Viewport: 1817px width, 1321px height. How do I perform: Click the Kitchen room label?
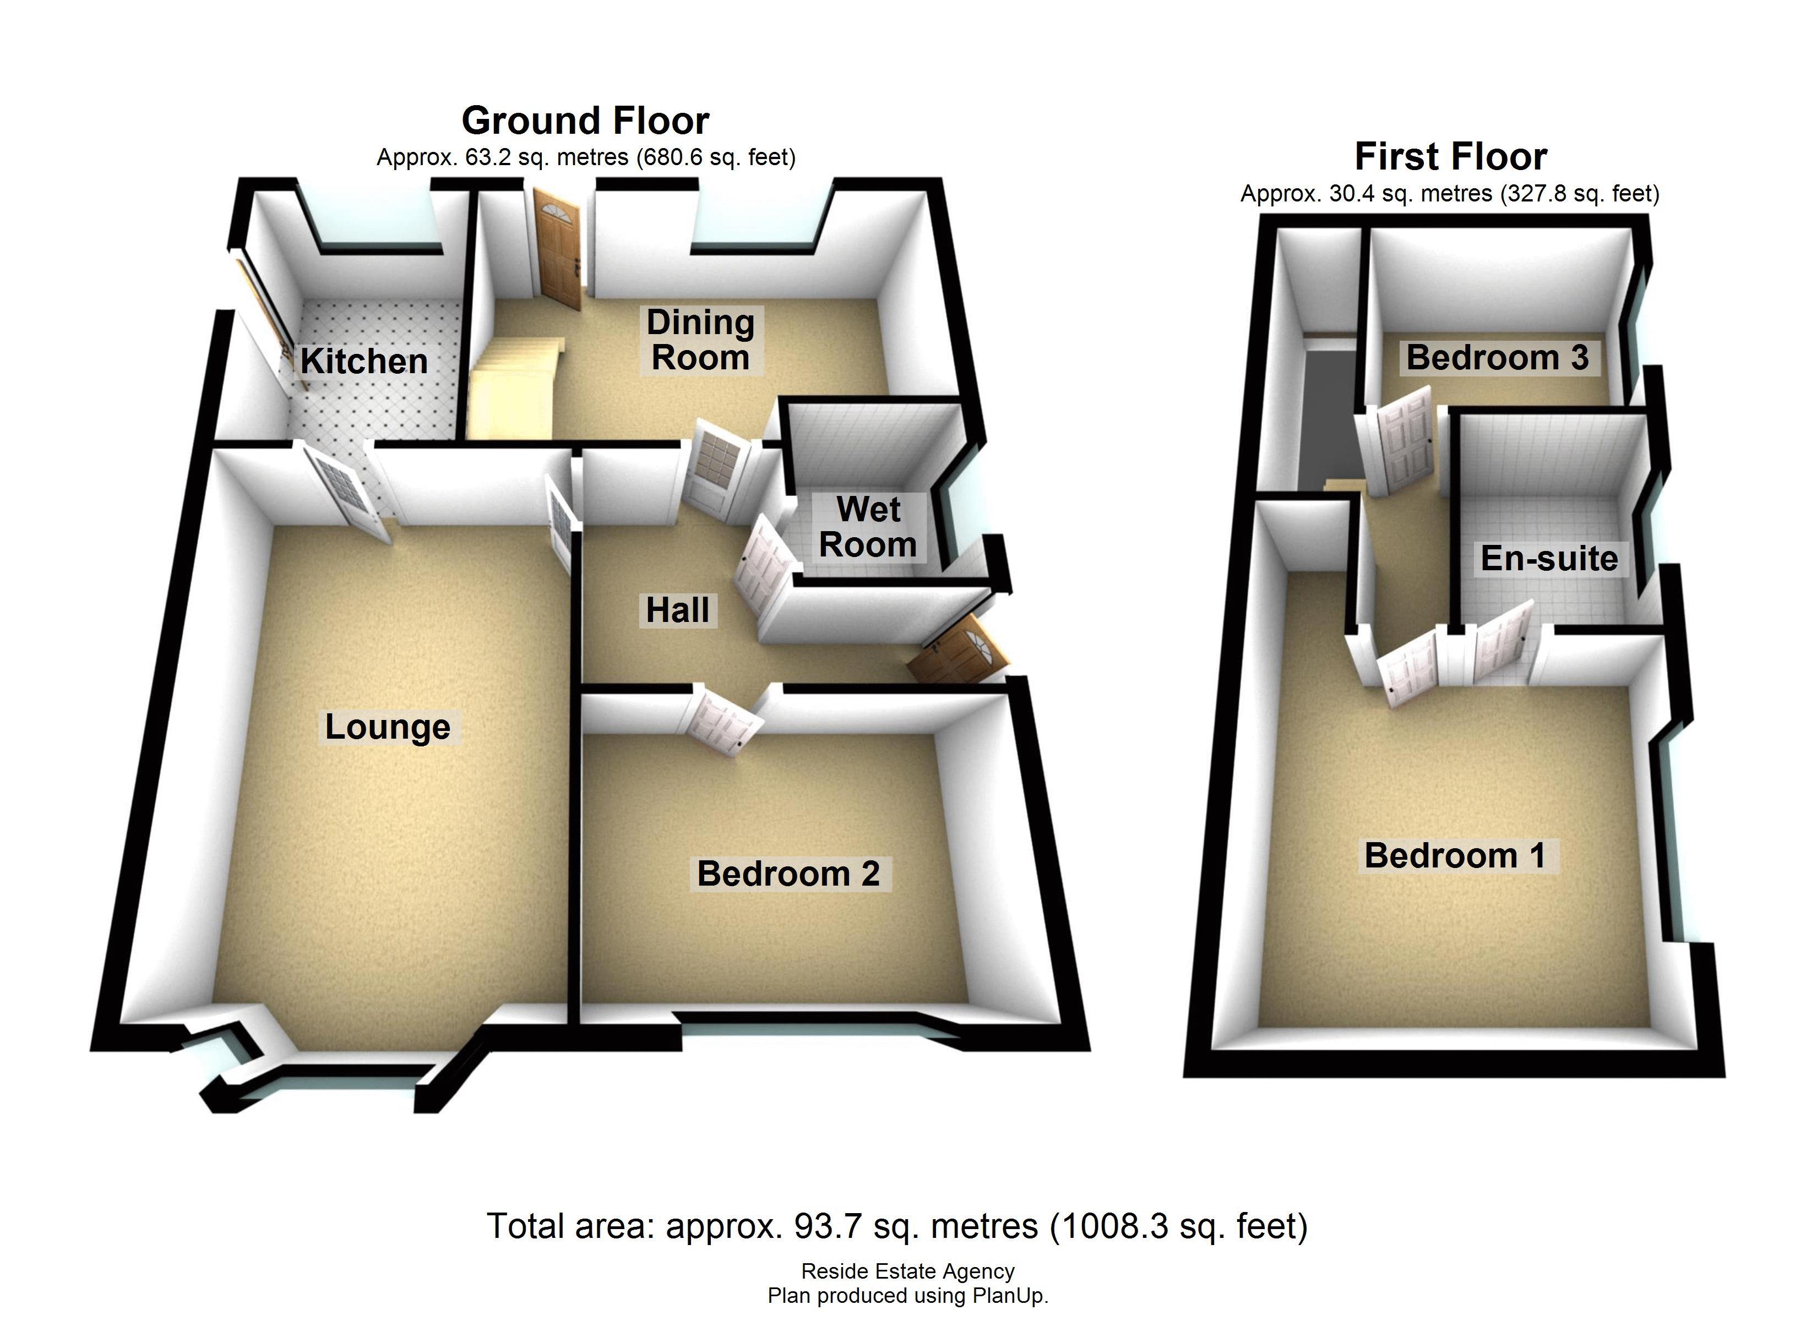pyautogui.click(x=364, y=361)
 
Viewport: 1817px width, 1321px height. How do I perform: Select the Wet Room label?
pyautogui.click(x=868, y=527)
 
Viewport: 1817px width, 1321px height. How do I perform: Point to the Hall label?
pyautogui.click(x=678, y=610)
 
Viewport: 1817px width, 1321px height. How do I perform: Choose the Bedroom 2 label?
pyautogui.click(x=788, y=874)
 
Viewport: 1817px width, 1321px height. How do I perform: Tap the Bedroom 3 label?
pyautogui.click(x=1497, y=357)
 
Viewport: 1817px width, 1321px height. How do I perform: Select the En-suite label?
pyautogui.click(x=1549, y=558)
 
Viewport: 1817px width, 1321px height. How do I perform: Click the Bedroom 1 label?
pyautogui.click(x=1455, y=855)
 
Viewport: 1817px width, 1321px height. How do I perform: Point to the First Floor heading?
pyautogui.click(x=1450, y=157)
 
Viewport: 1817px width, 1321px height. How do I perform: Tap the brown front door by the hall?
pyautogui.click(x=958, y=652)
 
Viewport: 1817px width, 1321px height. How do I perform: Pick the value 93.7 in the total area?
pyautogui.click(x=828, y=1226)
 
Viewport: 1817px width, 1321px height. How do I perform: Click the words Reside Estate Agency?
pyautogui.click(x=908, y=1271)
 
